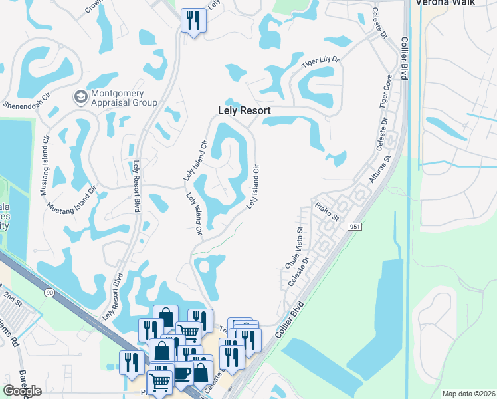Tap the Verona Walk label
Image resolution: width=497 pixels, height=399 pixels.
[x=445, y=3]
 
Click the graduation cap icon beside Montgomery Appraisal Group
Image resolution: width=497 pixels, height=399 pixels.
[x=80, y=98]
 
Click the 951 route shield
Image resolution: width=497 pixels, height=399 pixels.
[x=353, y=227]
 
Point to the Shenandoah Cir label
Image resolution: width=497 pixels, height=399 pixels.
[x=27, y=104]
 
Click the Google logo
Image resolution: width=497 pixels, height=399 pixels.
[x=22, y=391]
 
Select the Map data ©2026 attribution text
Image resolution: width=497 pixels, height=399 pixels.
[x=468, y=394]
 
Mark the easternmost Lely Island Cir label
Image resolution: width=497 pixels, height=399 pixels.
[x=253, y=188]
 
